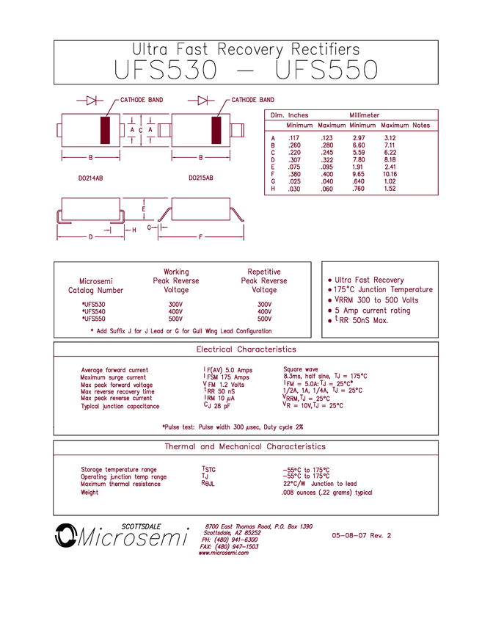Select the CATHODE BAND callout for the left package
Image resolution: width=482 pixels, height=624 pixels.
(142, 99)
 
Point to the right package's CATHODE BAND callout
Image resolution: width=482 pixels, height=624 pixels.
(252, 99)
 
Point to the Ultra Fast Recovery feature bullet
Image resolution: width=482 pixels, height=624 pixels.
(368, 279)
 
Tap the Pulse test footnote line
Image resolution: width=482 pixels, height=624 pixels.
(233, 427)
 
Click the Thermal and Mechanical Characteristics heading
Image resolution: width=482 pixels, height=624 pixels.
(246, 446)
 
